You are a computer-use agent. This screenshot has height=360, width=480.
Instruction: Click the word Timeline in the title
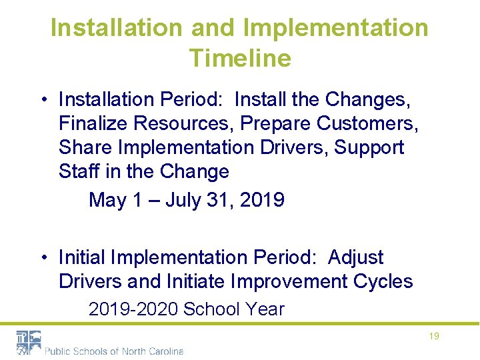(240, 58)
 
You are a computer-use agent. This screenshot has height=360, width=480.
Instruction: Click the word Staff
(79, 171)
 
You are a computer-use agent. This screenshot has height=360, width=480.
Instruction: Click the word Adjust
(356, 257)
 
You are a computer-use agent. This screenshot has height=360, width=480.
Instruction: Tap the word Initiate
(193, 281)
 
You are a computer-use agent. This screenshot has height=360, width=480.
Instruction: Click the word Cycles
(389, 281)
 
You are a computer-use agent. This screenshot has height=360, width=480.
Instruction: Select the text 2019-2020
(134, 309)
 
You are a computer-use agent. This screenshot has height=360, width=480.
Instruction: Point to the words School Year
(234, 309)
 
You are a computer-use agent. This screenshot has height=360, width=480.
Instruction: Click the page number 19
(433, 337)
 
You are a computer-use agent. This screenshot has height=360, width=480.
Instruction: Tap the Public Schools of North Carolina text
(113, 351)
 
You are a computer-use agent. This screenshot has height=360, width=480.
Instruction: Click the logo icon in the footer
(28, 342)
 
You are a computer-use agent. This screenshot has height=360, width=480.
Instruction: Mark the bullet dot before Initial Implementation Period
(43, 258)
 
